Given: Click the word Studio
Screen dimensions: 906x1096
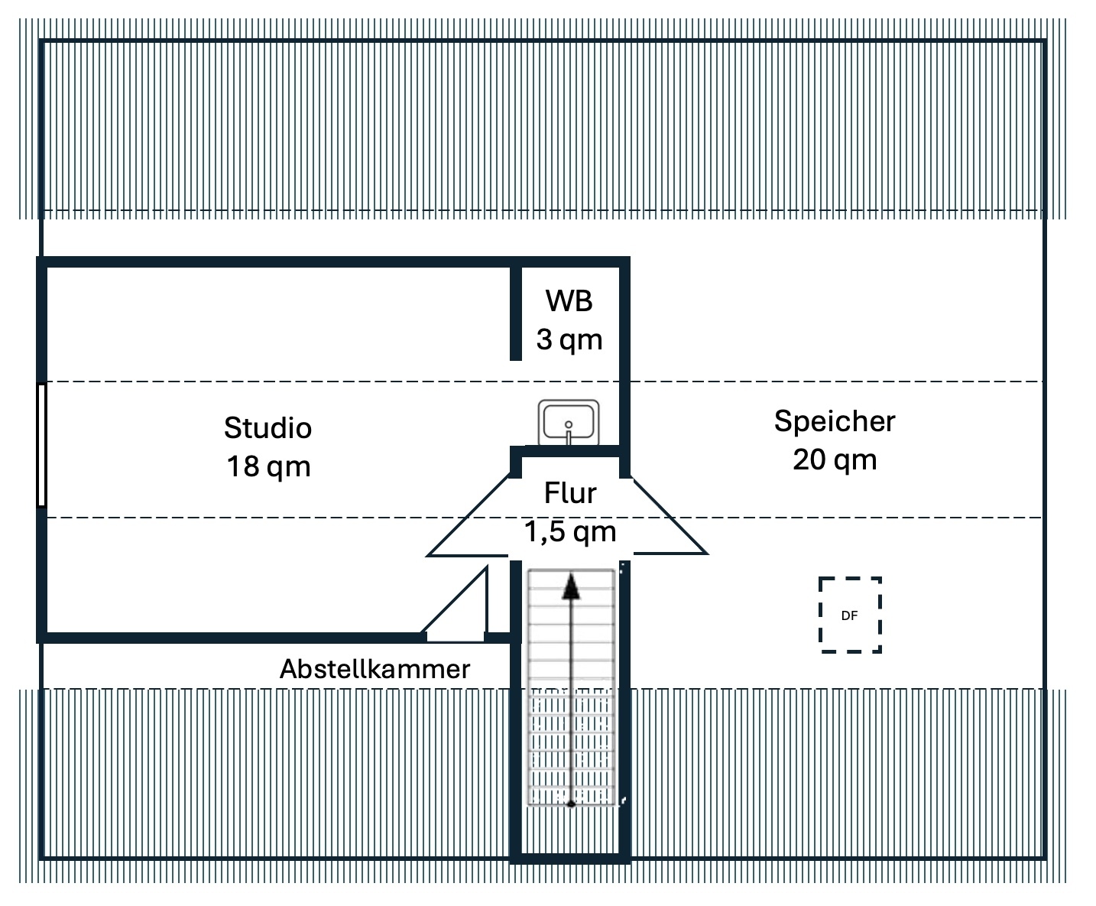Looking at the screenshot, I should pos(268,427).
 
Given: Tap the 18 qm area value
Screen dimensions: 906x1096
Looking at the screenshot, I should pos(268,466).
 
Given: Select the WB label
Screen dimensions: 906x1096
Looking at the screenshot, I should pos(569,301).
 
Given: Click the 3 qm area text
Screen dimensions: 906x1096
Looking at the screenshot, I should pos(569,339).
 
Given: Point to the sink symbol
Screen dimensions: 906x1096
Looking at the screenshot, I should pos(569,422).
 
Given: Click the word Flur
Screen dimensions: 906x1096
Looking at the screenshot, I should pos(570,493).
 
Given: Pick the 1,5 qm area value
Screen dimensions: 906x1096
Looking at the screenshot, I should pos(570,531).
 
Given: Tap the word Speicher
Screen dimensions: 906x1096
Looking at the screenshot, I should pos(835,421).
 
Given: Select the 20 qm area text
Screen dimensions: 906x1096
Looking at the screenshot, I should pos(835,459).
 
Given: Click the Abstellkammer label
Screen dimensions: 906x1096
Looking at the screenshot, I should pos(375,669).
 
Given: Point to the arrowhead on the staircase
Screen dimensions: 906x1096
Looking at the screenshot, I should pos(571,587).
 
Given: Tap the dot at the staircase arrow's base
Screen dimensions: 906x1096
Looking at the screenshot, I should pos(571,804).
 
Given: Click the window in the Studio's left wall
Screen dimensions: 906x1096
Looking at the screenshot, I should pos(42,444).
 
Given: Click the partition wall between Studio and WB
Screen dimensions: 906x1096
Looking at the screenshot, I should pos(516,312).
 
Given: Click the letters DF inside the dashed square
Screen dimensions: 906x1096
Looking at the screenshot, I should pos(849,615).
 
